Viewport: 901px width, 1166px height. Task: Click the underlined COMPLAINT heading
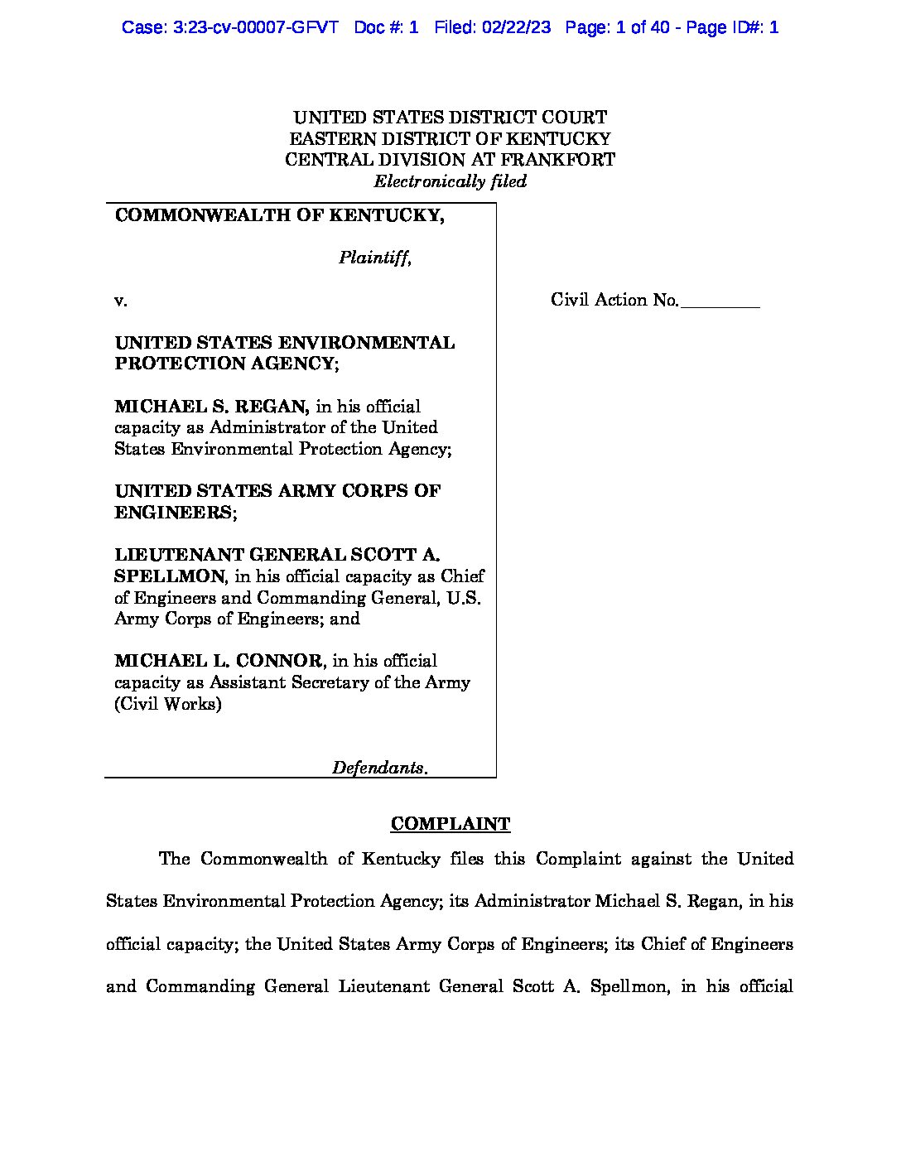click(x=450, y=824)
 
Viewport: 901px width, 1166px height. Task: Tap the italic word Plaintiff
click(x=374, y=258)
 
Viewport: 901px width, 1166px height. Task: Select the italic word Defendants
click(x=379, y=768)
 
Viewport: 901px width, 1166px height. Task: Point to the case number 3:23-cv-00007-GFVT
click(x=230, y=27)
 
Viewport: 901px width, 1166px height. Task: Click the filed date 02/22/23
click(x=514, y=27)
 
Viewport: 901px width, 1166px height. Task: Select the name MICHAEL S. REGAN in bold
click(x=212, y=407)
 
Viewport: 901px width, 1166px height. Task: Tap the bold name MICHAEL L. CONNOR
click(x=218, y=661)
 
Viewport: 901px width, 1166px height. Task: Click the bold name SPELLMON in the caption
click(x=169, y=576)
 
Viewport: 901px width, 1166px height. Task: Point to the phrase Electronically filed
click(x=450, y=181)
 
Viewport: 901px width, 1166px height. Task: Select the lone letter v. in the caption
click(x=121, y=301)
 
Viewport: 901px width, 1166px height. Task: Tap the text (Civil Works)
click(x=168, y=704)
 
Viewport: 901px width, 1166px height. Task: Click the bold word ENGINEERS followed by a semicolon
click(x=174, y=513)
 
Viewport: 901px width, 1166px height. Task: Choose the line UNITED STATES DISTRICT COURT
click(x=450, y=118)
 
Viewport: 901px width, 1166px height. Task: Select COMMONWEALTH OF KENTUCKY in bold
click(x=279, y=215)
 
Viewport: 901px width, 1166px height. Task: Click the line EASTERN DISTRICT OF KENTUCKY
click(x=450, y=139)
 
